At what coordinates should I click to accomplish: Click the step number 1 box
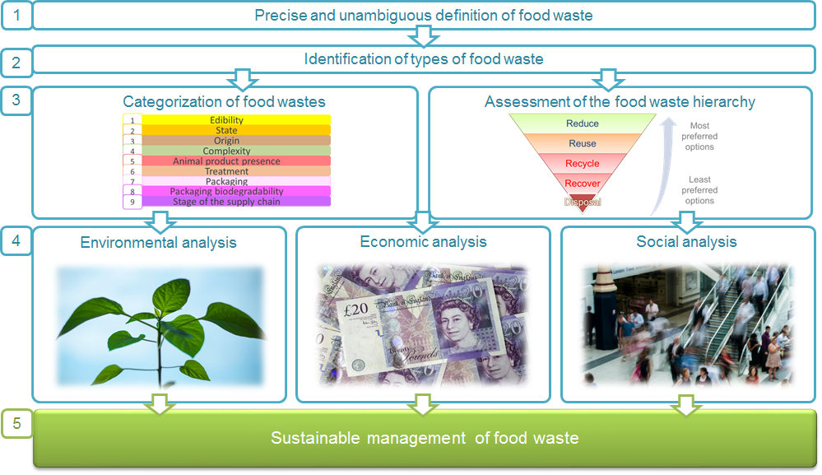[x=16, y=15]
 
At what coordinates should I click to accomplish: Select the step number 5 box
[x=16, y=423]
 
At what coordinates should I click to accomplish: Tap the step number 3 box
[x=16, y=100]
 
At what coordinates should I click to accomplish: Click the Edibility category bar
[x=227, y=120]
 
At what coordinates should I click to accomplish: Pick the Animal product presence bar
[x=227, y=161]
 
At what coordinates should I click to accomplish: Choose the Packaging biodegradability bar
[x=227, y=191]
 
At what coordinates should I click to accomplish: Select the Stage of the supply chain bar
[x=227, y=202]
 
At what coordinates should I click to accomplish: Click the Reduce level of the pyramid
[x=583, y=123]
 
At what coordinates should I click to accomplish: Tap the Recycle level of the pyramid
[x=583, y=164]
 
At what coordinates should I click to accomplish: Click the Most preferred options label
[x=699, y=137]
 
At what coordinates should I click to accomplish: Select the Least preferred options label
[x=699, y=190]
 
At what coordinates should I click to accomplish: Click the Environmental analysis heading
[x=158, y=243]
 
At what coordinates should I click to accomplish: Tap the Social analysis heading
[x=686, y=242]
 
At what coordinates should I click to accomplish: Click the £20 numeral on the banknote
[x=356, y=310]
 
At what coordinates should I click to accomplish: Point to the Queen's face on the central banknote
[x=454, y=316]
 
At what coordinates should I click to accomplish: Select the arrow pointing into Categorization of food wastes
[x=242, y=80]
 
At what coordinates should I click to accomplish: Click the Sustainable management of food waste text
[x=425, y=438]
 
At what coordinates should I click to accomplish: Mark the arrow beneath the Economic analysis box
[x=423, y=404]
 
